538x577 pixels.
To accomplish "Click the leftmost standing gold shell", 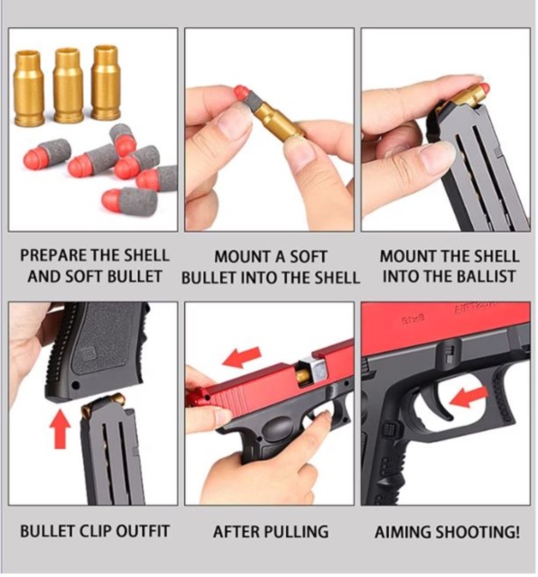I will pyautogui.click(x=28, y=88).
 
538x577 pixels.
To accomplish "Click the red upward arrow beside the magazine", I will pyautogui.click(x=60, y=427).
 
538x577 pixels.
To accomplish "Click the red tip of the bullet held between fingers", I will pyautogui.click(x=242, y=92).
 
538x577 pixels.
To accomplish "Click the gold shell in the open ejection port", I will pyautogui.click(x=311, y=367).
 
